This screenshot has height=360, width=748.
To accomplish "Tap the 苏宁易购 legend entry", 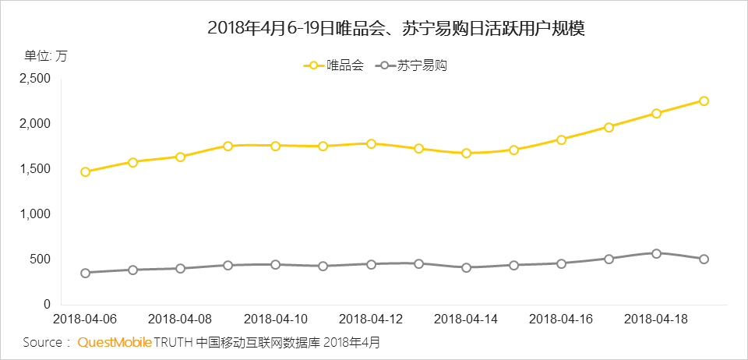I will coord(413,66).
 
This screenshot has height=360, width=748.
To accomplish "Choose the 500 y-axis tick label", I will coord(39,259).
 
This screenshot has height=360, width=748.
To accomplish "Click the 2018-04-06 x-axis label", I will coord(84,319).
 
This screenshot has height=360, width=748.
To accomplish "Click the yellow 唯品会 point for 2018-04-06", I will coord(85,171).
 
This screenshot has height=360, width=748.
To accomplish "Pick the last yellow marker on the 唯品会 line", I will coord(704,101).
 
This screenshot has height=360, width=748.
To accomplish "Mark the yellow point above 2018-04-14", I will coord(466,153).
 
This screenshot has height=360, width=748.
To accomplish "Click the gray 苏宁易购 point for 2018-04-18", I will coord(656,253).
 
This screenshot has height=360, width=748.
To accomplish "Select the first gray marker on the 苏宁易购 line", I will coord(85,273).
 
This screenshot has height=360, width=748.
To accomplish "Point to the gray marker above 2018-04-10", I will coord(276,265).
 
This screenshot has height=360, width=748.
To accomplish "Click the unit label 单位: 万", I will coord(45,55).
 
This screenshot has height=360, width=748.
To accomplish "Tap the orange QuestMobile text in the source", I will coord(114,342).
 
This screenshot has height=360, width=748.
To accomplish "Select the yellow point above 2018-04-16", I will coord(561,139).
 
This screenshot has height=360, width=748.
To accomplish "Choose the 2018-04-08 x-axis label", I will coord(180,319).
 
